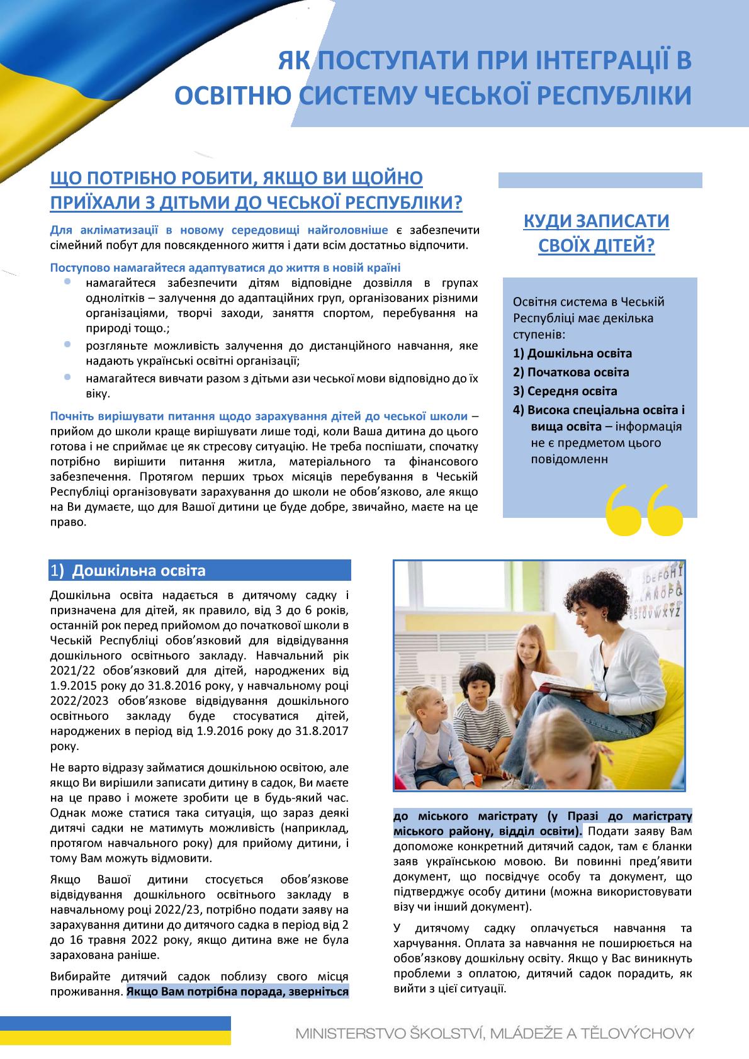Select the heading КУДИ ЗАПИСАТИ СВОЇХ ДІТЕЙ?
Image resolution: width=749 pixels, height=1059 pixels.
tap(596, 233)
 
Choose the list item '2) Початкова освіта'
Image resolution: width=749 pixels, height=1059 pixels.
tap(571, 372)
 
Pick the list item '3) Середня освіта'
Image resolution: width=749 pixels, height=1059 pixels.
tap(565, 391)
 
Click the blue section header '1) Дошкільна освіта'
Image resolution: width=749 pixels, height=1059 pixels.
tap(200, 571)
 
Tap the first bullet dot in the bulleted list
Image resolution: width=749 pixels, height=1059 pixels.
tap(67, 283)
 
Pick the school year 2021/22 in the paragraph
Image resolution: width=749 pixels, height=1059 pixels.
tap(70, 671)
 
